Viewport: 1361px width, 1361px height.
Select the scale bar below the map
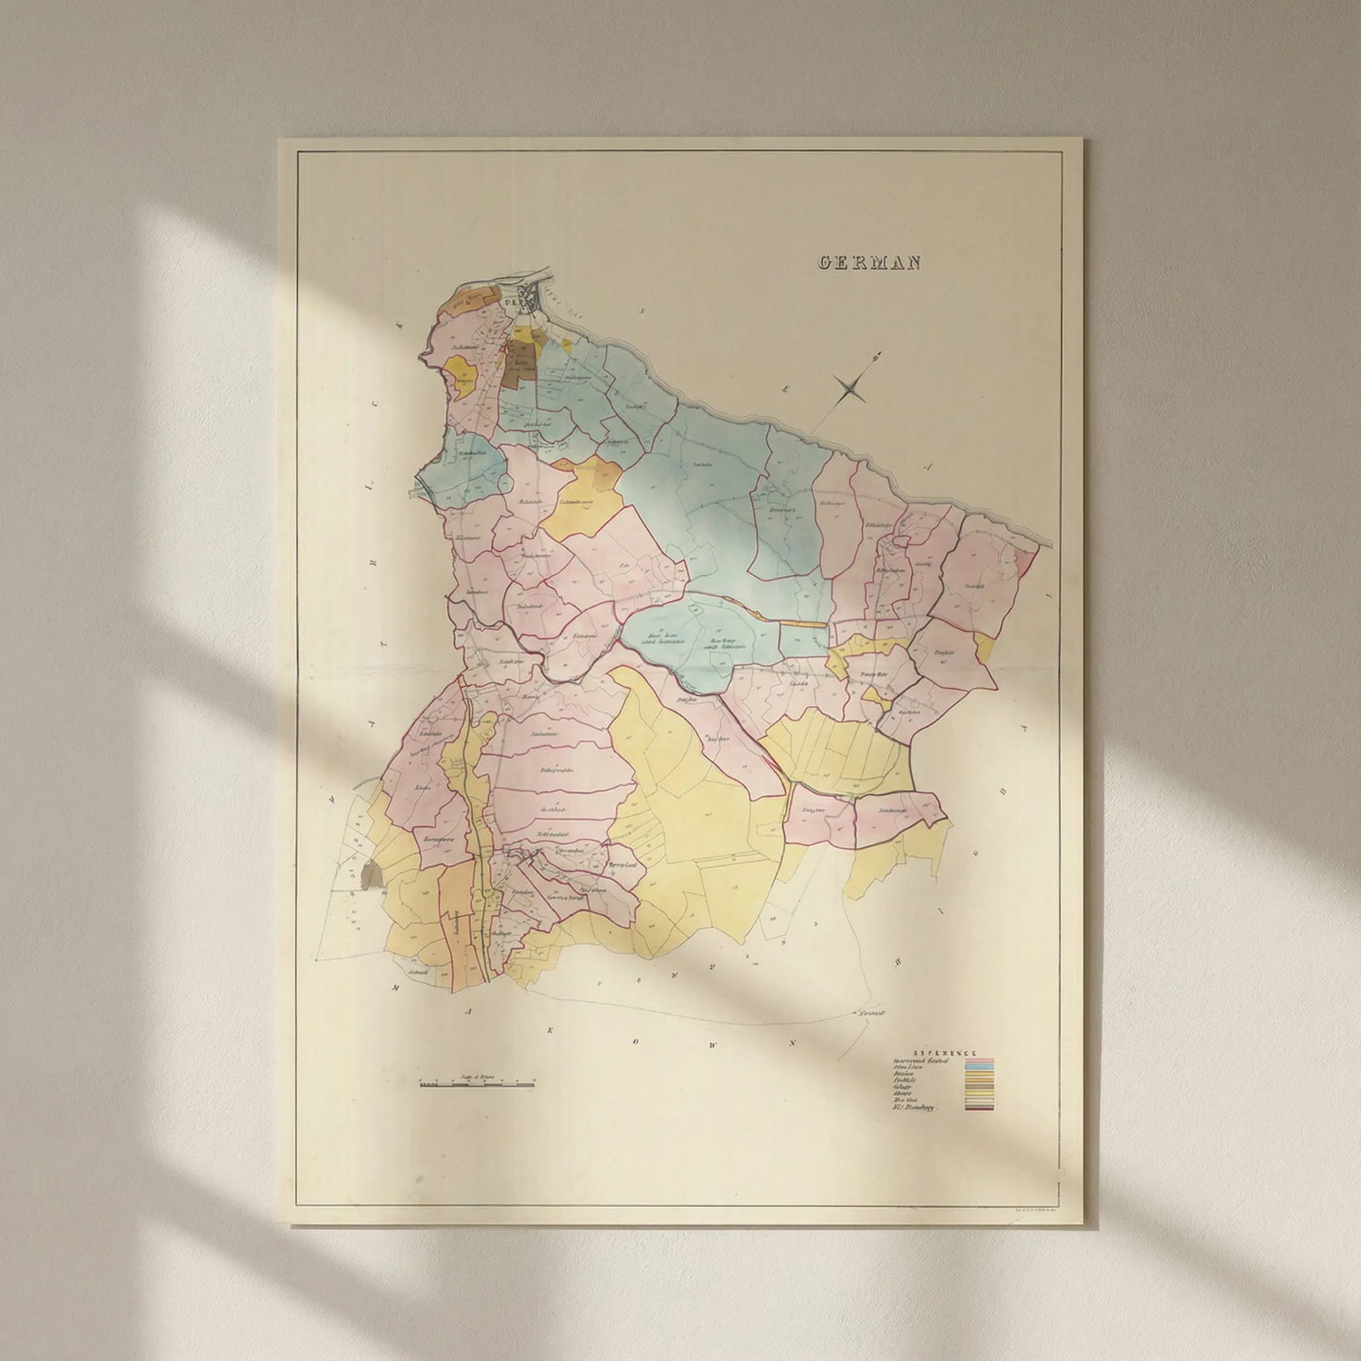click(477, 1085)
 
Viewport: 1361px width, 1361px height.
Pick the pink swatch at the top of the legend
click(977, 1061)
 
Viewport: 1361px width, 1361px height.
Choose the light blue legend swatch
click(977, 1068)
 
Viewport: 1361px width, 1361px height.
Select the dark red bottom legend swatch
click(977, 1109)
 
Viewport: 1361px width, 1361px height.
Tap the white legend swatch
click(977, 1101)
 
